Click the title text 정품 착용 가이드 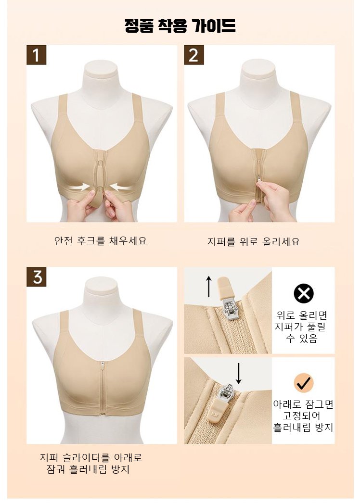pyautogui.click(x=180, y=25)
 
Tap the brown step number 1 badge pyautogui.click(x=36, y=55)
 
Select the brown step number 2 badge pyautogui.click(x=193, y=55)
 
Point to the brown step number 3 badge pyautogui.click(x=36, y=277)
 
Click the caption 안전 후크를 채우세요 pyautogui.click(x=101, y=240)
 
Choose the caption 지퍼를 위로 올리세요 pyautogui.click(x=253, y=241)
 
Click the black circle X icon pyautogui.click(x=304, y=293)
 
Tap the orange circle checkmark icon pyautogui.click(x=304, y=382)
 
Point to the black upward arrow pyautogui.click(x=209, y=287)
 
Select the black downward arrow pyautogui.click(x=238, y=373)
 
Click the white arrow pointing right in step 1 pyautogui.click(x=80, y=186)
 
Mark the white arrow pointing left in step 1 pyautogui.click(x=120, y=187)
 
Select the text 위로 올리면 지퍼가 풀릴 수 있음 pyautogui.click(x=301, y=327)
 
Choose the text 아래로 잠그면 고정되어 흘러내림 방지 pyautogui.click(x=303, y=416)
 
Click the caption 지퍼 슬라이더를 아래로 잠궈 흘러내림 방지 pyautogui.click(x=91, y=463)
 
